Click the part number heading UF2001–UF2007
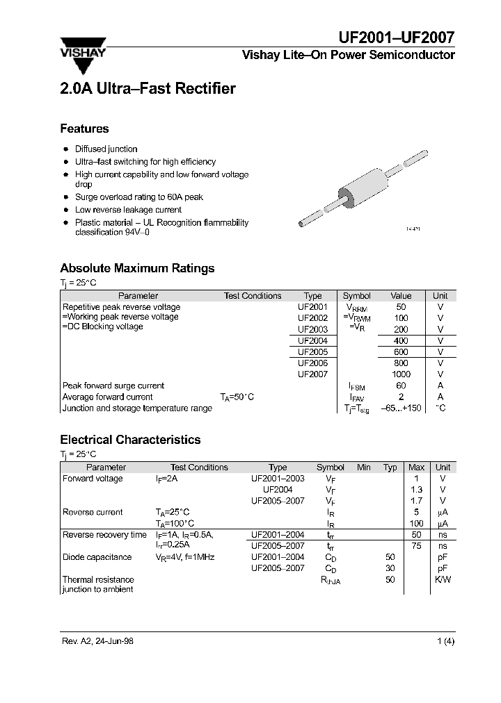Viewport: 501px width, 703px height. click(397, 38)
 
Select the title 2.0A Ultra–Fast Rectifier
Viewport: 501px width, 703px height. click(148, 89)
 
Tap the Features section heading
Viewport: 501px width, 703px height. click(84, 129)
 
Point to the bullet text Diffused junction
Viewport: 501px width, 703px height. click(106, 149)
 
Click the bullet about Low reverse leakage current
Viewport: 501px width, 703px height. click(128, 209)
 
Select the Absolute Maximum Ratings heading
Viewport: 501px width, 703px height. click(137, 268)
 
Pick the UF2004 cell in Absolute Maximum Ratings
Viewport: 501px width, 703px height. click(312, 340)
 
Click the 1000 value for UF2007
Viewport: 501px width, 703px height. click(401, 374)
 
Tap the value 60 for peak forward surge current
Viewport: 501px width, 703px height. click(401, 386)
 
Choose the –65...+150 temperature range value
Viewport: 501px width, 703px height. click(401, 408)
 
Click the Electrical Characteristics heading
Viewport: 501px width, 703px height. click(130, 440)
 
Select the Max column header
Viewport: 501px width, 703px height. click(416, 468)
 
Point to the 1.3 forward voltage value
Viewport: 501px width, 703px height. click(417, 490)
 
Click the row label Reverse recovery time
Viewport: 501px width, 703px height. click(104, 535)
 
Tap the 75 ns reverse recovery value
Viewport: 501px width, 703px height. click(417, 546)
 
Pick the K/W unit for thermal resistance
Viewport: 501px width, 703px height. click(443, 579)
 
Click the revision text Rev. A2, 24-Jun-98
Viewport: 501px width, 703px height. click(97, 641)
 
